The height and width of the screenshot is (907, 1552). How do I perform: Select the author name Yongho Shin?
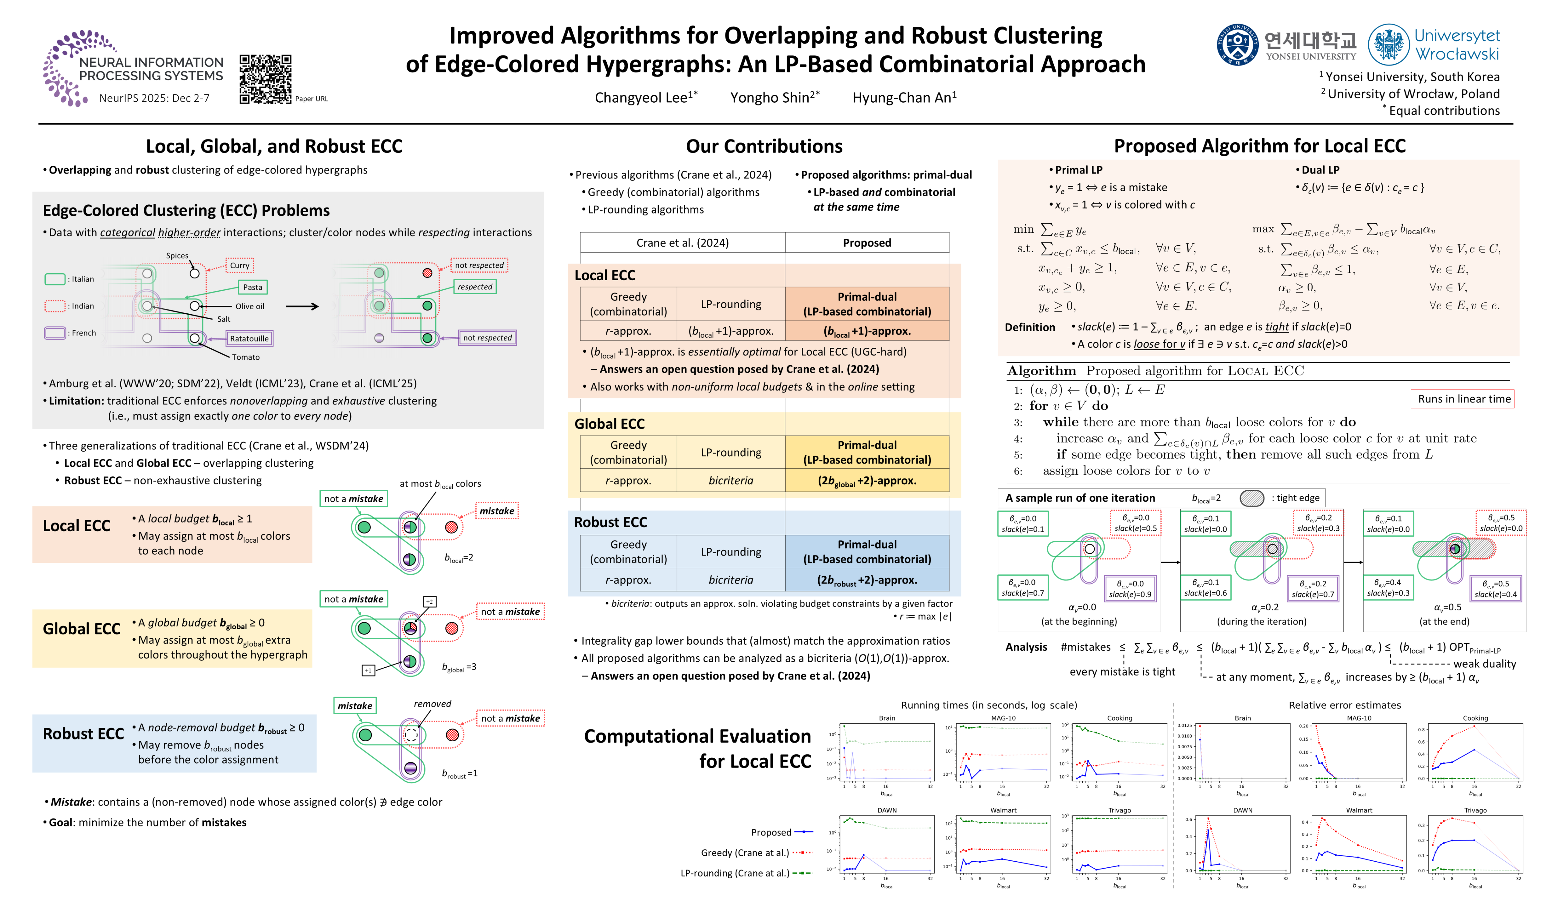[x=774, y=97]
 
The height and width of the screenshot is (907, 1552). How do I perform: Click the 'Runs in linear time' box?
[x=1463, y=399]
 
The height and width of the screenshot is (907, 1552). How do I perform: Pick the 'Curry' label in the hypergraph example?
[x=240, y=265]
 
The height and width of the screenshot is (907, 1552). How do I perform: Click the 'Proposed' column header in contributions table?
[x=867, y=242]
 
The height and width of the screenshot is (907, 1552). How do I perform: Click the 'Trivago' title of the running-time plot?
[x=1119, y=810]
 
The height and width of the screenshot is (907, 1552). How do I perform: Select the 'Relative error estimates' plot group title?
[x=1344, y=705]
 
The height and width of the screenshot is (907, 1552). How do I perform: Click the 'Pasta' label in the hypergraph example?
[x=253, y=287]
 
